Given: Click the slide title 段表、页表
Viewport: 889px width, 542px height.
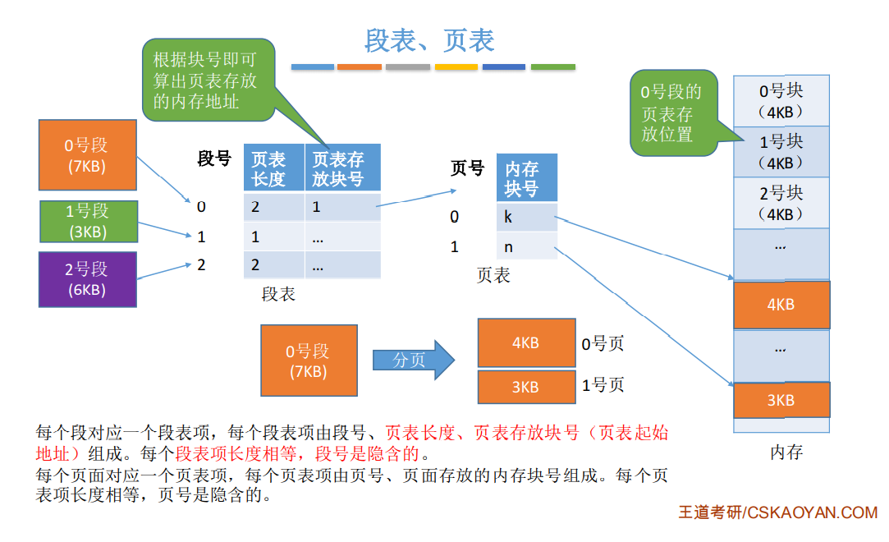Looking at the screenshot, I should click(429, 39).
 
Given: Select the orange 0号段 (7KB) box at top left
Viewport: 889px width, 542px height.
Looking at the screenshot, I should click(86, 155).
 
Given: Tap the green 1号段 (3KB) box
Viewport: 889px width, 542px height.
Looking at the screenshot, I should click(86, 221).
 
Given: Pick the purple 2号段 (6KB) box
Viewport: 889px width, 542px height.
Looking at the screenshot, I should click(86, 279).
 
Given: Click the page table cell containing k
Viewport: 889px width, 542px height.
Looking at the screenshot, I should click(526, 218).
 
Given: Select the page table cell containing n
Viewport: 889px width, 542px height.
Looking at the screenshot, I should click(526, 246).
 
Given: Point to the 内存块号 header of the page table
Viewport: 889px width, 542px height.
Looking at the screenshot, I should click(526, 178).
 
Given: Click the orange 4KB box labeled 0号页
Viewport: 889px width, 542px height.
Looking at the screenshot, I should click(525, 342).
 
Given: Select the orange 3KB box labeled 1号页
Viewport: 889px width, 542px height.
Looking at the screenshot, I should click(525, 387).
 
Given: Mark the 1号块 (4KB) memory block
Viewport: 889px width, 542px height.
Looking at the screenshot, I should click(781, 151).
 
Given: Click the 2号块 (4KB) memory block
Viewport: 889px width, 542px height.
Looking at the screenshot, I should click(781, 203).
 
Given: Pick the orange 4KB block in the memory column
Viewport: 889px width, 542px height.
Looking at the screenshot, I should click(781, 305).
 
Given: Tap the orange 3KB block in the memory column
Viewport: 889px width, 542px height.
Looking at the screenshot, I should click(781, 400).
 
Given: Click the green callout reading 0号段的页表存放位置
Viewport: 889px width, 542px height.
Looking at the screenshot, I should click(671, 113).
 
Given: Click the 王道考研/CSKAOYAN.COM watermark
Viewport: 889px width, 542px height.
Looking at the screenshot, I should click(777, 512).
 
